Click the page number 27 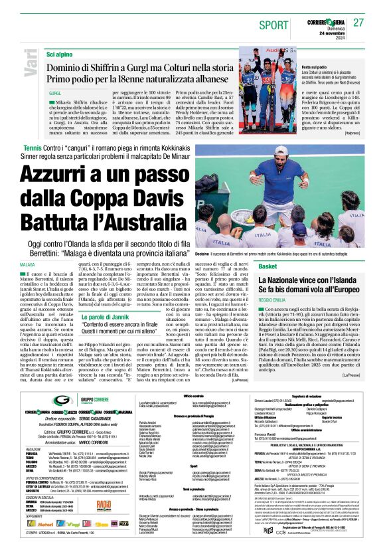(x=358, y=23)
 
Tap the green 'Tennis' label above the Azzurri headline (x=33, y=147)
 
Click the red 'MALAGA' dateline (x=27, y=264)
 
